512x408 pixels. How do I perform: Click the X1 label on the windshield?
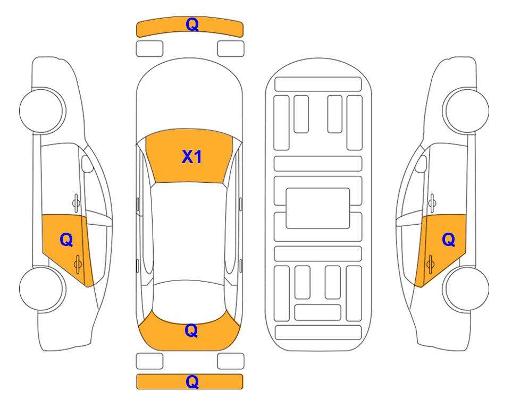pyautogui.click(x=192, y=157)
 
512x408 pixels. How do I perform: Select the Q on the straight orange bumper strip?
pyautogui.click(x=192, y=381)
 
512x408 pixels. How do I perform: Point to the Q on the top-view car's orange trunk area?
pyautogui.click(x=191, y=330)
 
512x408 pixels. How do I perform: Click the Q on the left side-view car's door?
pyautogui.click(x=66, y=240)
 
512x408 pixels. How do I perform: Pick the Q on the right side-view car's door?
pyautogui.click(x=448, y=240)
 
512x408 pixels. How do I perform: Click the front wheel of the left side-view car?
pyautogui.click(x=42, y=110)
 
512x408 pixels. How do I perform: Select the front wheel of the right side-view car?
pyautogui.click(x=466, y=110)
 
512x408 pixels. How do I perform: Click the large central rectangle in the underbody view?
pyautogui.click(x=318, y=208)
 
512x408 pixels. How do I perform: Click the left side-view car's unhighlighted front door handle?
pyautogui.click(x=76, y=203)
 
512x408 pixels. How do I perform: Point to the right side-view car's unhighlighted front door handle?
pyautogui.click(x=432, y=203)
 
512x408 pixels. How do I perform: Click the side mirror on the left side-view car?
pyautogui.click(x=87, y=164)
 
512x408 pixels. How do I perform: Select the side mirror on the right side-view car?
pyautogui.click(x=421, y=164)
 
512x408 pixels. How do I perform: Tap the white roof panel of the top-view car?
pyautogui.click(x=189, y=232)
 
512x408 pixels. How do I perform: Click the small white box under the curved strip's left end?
pyautogui.click(x=149, y=49)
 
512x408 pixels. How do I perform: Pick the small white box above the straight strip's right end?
pyautogui.click(x=231, y=361)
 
